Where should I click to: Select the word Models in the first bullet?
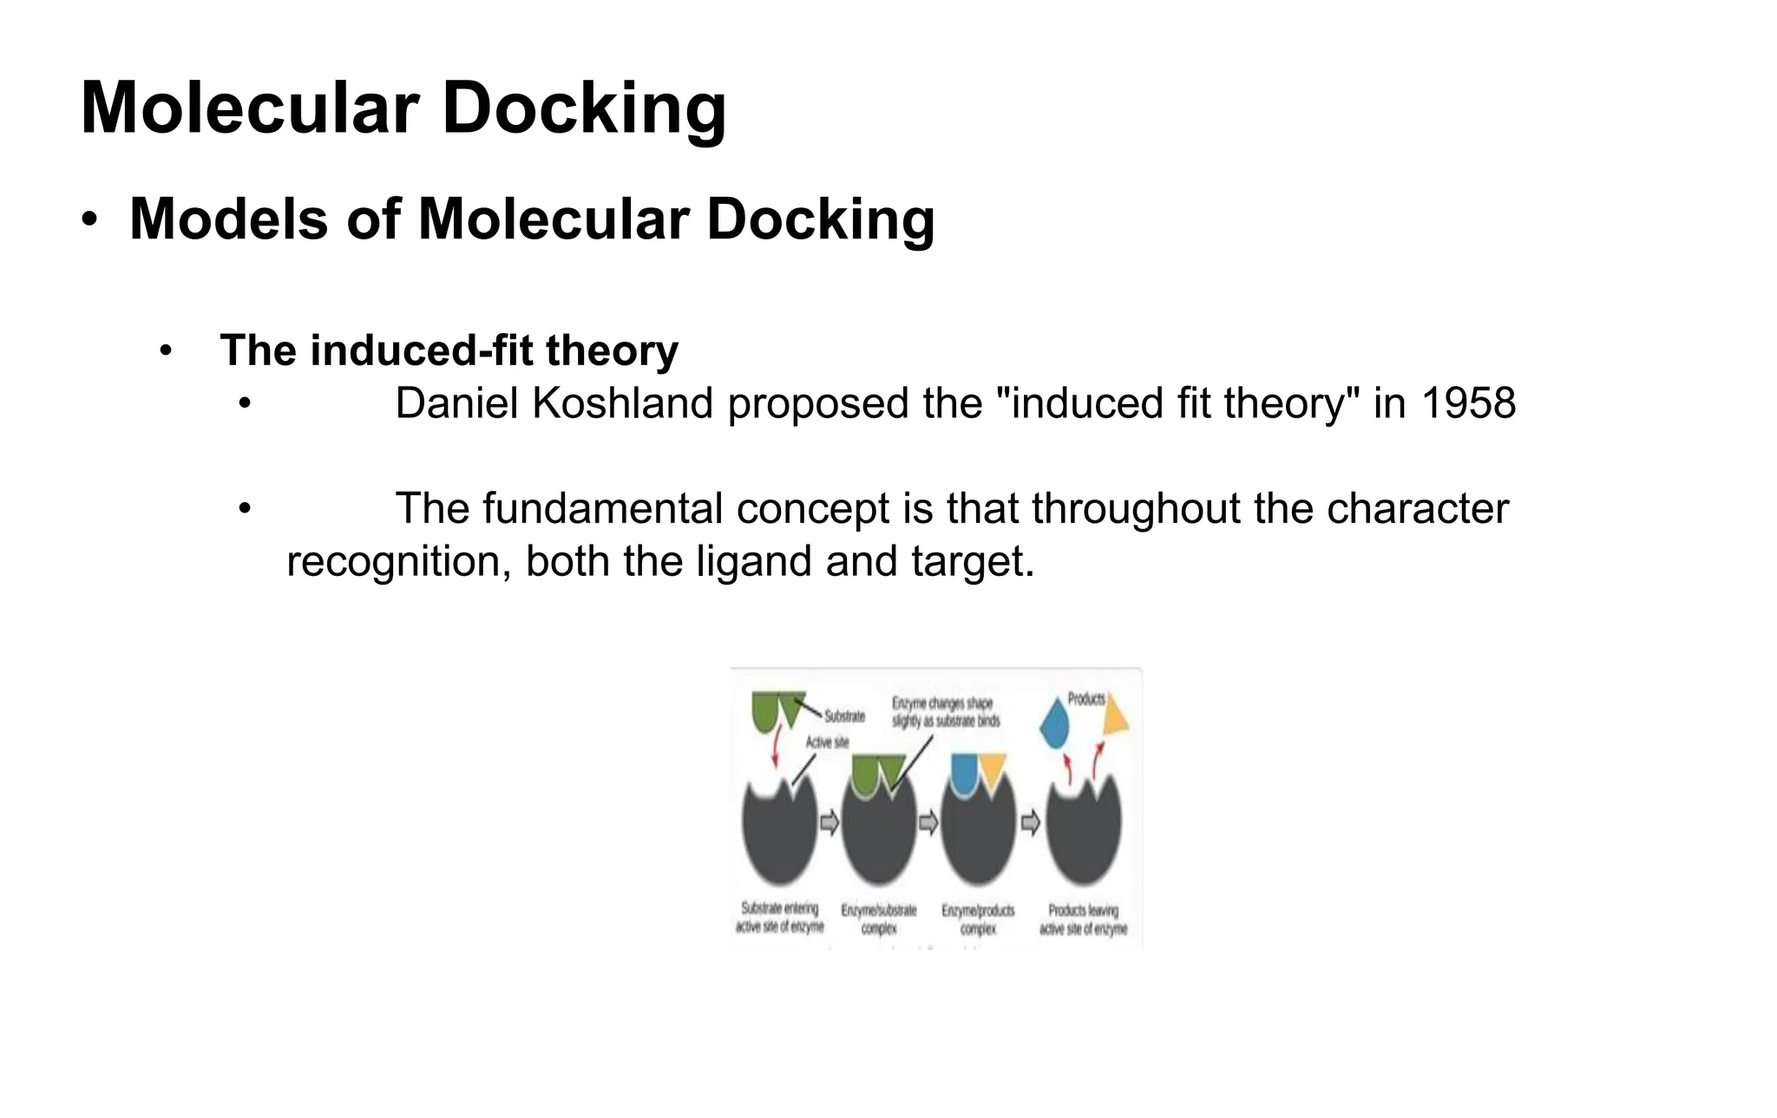point(228,219)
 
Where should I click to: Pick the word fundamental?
point(602,509)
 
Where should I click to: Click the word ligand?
point(754,561)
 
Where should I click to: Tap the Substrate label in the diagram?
point(844,716)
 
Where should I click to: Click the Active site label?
point(827,742)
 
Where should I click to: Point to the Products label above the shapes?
point(1085,699)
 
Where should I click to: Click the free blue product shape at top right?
point(1054,724)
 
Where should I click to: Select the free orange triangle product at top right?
point(1115,716)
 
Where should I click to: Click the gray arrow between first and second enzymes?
point(829,821)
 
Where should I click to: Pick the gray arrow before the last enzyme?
point(1030,821)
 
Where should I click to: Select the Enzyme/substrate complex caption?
point(878,919)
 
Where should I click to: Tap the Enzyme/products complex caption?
point(978,919)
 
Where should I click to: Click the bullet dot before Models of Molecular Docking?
point(89,219)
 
